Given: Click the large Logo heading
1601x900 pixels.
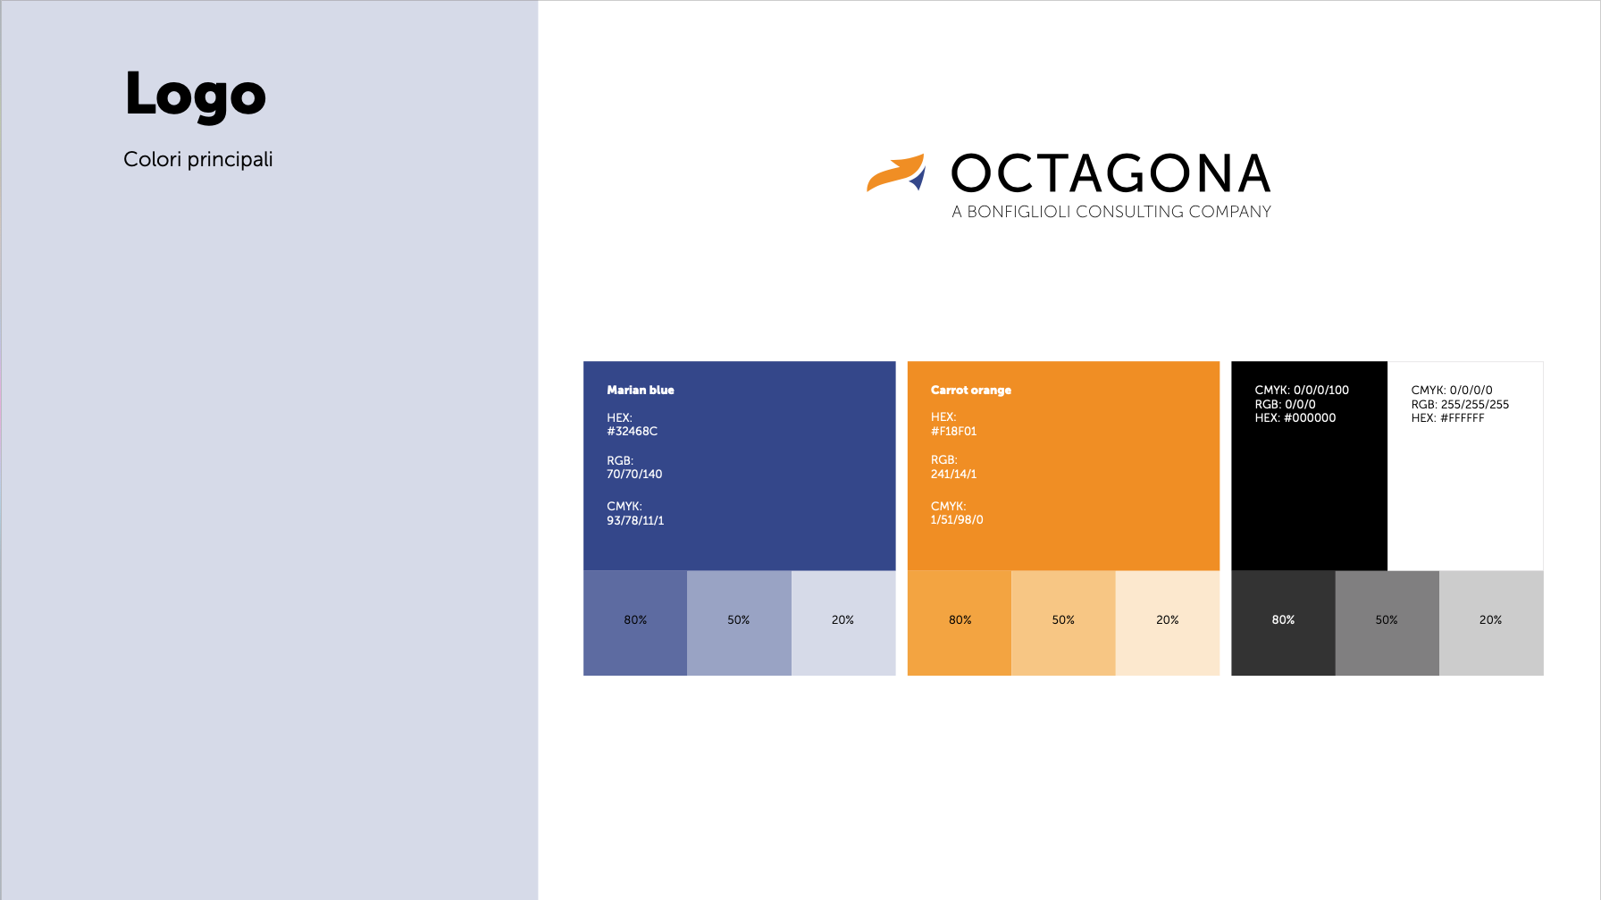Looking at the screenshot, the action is (196, 95).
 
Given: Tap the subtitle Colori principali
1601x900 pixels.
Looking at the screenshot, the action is (198, 159).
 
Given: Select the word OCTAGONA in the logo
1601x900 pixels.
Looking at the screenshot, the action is (1111, 173).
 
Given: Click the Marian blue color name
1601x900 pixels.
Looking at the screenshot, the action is (641, 390).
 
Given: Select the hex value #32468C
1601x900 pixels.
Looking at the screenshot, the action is (633, 431).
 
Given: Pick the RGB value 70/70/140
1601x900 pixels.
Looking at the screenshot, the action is (634, 474).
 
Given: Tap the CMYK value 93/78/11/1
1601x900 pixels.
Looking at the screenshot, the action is (635, 520).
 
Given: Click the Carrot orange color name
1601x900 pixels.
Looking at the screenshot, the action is (971, 390).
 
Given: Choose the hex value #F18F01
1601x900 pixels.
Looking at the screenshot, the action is (954, 431).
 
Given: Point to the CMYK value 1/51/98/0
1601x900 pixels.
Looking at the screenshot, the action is (957, 519).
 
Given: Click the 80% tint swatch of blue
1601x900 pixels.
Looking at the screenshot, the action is (635, 623).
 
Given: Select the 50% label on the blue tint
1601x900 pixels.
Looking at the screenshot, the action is (739, 619).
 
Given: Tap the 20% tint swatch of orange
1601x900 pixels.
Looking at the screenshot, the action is (1168, 623).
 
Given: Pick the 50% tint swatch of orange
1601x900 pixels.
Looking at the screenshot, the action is (1063, 623).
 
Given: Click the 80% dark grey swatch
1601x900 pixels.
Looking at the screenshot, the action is (1283, 623).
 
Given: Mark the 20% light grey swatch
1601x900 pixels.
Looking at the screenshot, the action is (1491, 623).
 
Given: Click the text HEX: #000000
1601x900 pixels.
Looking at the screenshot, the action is (1295, 417).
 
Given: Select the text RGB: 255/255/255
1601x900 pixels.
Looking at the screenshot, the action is (1460, 404).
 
